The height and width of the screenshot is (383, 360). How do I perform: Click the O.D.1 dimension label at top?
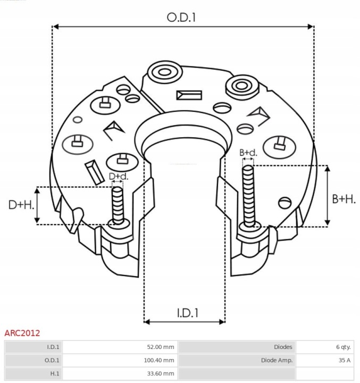pos(181,17)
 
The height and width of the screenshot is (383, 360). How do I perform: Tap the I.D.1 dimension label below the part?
pos(187,313)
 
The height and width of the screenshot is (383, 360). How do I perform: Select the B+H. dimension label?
pos(344,199)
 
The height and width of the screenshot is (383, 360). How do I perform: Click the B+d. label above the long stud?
pos(248,153)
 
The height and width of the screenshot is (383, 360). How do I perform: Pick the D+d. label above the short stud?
pos(118,176)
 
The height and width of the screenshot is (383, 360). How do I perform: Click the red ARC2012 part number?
pos(22,334)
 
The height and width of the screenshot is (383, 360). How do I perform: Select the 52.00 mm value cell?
pos(161,347)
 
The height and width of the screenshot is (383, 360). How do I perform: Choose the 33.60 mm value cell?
pos(161,373)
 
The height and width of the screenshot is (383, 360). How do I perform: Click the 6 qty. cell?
pos(343,347)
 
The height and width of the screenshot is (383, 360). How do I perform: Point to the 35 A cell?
pos(344,360)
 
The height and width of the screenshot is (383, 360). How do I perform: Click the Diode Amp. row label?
pos(277,360)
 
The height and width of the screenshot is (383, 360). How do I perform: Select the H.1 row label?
pos(55,373)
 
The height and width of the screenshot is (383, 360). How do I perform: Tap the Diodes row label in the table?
pos(283,347)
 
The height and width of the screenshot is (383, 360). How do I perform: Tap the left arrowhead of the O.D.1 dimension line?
pos(55,26)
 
